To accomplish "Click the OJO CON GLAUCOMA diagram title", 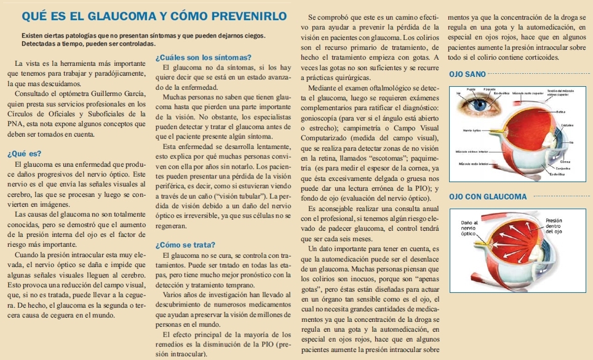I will [x=488, y=196].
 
